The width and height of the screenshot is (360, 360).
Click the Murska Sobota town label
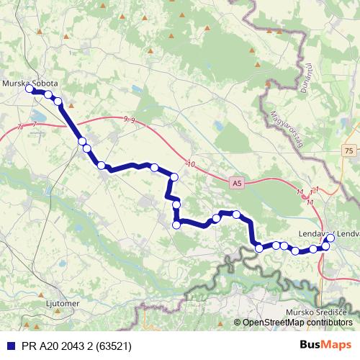pos(30,83)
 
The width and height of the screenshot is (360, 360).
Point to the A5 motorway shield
pos(237,184)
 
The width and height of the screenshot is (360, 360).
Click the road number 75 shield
pos(349,150)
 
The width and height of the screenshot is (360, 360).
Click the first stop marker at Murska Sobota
pos(30,89)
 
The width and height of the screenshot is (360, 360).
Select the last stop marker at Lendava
pos(330,238)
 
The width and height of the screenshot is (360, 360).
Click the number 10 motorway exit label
pos(190,165)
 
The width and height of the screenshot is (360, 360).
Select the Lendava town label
pos(317,234)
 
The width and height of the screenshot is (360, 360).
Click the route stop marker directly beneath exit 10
pos(174,177)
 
